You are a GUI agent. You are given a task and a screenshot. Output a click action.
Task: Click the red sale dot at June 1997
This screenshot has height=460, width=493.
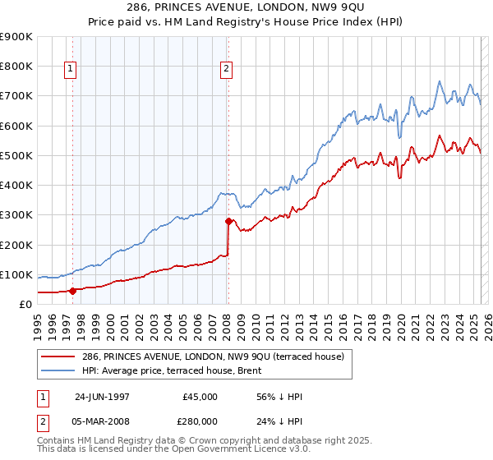pyautogui.click(x=72, y=290)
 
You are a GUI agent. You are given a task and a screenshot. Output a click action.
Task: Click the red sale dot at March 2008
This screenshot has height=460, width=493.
pyautogui.click(x=228, y=221)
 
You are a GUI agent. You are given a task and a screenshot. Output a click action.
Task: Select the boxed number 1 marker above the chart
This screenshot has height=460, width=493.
pyautogui.click(x=71, y=70)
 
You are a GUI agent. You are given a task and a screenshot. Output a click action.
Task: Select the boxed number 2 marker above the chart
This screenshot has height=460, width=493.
pyautogui.click(x=226, y=70)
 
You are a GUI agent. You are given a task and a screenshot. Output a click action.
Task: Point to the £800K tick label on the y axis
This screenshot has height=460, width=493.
pyautogui.click(x=16, y=67)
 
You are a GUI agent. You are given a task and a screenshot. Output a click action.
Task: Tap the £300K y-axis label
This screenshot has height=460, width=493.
pyautogui.click(x=16, y=215)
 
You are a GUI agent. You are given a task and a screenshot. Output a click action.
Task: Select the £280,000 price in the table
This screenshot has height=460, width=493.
pyautogui.click(x=200, y=420)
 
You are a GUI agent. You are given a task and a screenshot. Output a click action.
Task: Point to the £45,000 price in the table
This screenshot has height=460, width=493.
pyautogui.click(x=200, y=397)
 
